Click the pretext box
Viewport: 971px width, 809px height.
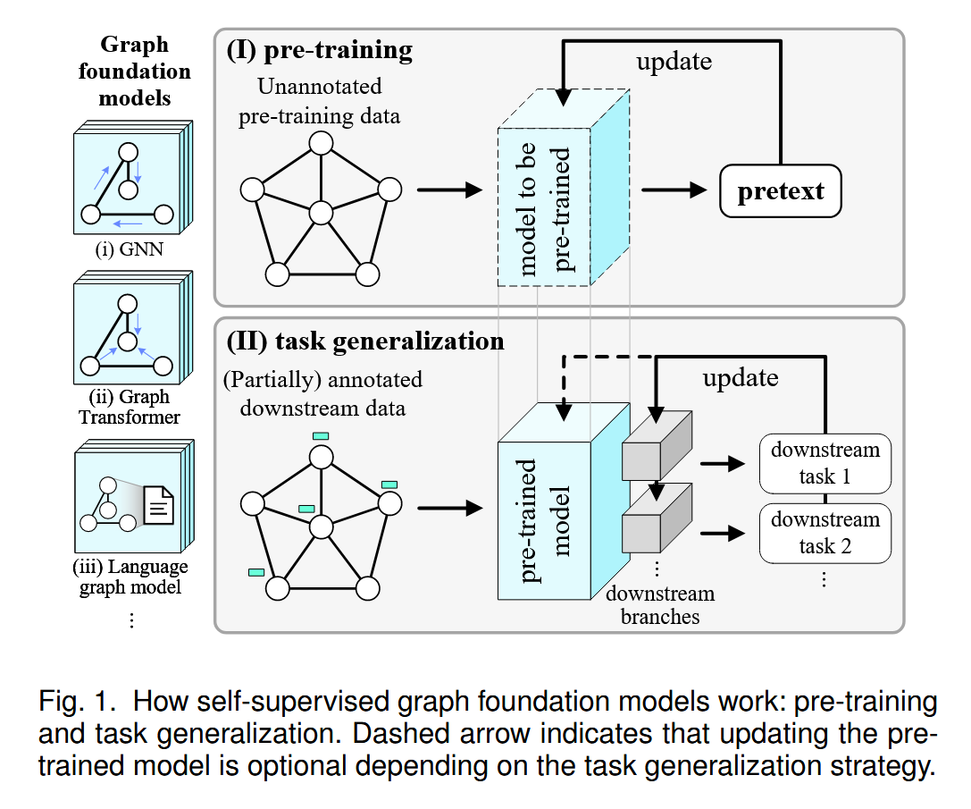click(780, 191)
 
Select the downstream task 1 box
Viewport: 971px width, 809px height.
click(825, 463)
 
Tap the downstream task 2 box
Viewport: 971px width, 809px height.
click(825, 533)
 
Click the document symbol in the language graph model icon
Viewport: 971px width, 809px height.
click(159, 507)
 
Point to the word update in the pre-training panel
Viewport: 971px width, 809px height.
click(674, 62)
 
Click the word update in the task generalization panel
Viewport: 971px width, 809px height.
click(740, 377)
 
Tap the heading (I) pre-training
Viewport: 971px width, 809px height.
click(319, 50)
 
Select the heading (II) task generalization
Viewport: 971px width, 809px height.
click(364, 341)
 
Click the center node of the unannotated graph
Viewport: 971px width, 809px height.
click(321, 214)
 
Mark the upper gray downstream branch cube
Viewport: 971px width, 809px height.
click(655, 446)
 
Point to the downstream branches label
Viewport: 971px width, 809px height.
click(660, 604)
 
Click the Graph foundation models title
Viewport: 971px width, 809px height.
click(134, 71)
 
